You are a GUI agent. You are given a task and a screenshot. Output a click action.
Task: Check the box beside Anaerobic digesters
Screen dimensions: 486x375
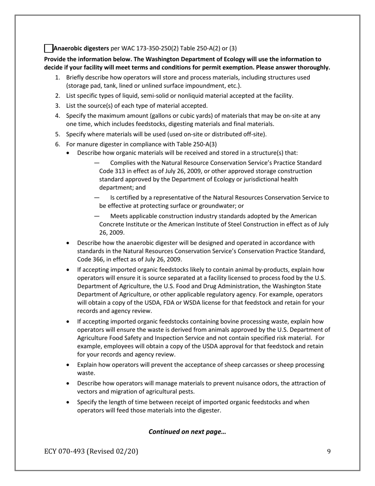tap(48, 49)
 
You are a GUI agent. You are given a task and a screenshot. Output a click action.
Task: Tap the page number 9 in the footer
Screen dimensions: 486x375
tap(328, 452)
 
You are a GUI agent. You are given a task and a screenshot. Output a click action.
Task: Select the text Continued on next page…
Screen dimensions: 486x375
tap(187, 431)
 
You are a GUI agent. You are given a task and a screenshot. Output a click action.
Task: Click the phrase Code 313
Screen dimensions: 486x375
tap(112, 171)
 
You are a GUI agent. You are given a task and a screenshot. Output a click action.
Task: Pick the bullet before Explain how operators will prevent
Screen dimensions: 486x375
tap(69, 365)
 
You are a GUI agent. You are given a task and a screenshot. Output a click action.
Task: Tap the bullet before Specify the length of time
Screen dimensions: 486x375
tap(69, 402)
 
